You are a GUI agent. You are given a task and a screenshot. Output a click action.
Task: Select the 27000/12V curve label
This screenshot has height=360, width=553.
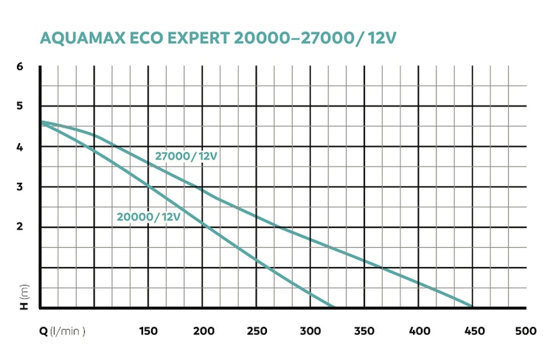(x=187, y=156)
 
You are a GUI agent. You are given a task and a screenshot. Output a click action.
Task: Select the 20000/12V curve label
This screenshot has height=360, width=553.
(x=148, y=216)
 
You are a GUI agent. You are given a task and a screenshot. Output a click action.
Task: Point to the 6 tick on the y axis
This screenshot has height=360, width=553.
(x=21, y=67)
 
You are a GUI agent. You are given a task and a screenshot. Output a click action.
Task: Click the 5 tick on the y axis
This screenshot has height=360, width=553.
(x=21, y=106)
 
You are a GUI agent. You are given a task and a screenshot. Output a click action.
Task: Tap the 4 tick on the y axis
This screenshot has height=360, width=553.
(x=21, y=147)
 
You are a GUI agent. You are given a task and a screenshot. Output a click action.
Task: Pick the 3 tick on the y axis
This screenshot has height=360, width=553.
(x=21, y=187)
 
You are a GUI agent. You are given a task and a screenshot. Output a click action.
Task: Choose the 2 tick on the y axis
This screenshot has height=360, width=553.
(x=21, y=226)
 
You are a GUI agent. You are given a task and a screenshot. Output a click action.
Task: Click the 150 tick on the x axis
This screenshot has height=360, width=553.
(x=148, y=331)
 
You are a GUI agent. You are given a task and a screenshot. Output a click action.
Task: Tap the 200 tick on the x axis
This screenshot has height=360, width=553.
(x=203, y=331)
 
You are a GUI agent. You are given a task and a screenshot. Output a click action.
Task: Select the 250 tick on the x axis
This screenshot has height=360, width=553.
(x=257, y=331)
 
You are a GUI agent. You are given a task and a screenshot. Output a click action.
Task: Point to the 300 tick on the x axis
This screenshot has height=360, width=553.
(x=310, y=331)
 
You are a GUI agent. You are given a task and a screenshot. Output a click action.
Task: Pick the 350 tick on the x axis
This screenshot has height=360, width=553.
(x=364, y=331)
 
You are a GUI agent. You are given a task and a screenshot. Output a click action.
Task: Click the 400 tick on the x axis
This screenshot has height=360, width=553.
(x=418, y=331)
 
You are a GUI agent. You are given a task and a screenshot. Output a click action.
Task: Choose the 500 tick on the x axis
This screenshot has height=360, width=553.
(x=525, y=331)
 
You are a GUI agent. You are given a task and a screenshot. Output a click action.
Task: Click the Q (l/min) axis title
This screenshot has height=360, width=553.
(x=63, y=331)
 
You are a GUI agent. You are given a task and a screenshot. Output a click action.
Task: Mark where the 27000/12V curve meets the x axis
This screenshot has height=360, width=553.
(x=472, y=306)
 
